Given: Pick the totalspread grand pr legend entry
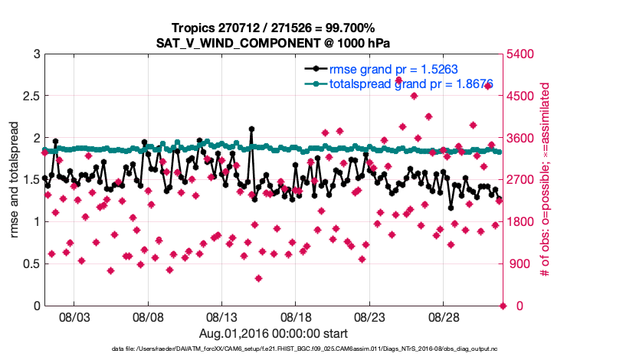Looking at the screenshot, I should pyautogui.click(x=410, y=83).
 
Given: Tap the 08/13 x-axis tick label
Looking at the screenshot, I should pyautogui.click(x=222, y=316).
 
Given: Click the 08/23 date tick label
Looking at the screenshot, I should pyautogui.click(x=369, y=316).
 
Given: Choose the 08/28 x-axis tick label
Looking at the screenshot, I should pyautogui.click(x=443, y=316).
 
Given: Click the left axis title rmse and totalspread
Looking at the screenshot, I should pyautogui.click(x=15, y=180).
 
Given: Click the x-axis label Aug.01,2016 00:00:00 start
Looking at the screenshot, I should pyautogui.click(x=274, y=333).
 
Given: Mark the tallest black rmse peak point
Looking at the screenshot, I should pyautogui.click(x=251, y=129).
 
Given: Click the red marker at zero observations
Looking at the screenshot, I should pyautogui.click(x=503, y=306).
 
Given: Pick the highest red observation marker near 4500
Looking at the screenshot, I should pyautogui.click(x=414, y=96).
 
